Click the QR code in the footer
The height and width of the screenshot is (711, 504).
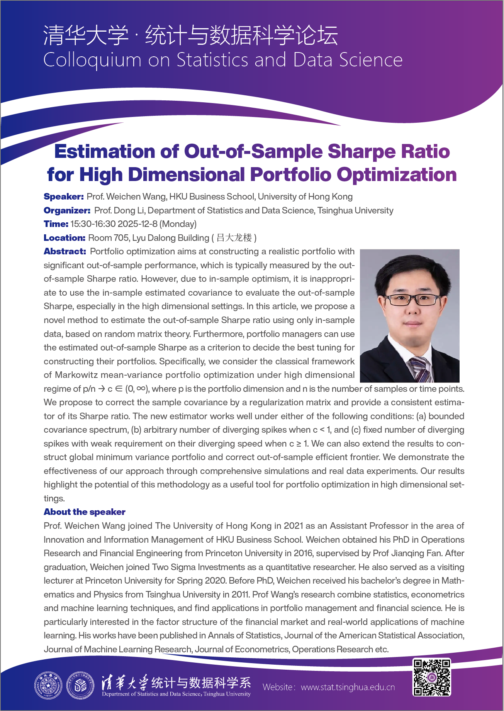(432, 677)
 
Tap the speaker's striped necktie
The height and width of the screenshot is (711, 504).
(421, 369)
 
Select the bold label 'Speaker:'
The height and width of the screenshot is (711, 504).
(63, 197)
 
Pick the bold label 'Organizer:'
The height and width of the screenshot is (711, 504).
(67, 211)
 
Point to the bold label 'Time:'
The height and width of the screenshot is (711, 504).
(56, 224)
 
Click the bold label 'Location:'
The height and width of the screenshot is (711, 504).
(64, 238)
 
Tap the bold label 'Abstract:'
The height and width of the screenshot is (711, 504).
(64, 252)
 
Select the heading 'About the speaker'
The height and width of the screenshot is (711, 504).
(84, 512)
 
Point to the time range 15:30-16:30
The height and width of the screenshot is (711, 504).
(93, 224)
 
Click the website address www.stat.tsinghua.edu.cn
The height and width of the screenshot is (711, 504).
(348, 687)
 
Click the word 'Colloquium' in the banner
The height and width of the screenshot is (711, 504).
(92, 61)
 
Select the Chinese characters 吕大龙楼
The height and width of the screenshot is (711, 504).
(234, 238)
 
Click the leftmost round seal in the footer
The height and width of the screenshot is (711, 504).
(48, 686)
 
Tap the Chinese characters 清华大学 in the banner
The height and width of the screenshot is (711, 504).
(86, 36)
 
